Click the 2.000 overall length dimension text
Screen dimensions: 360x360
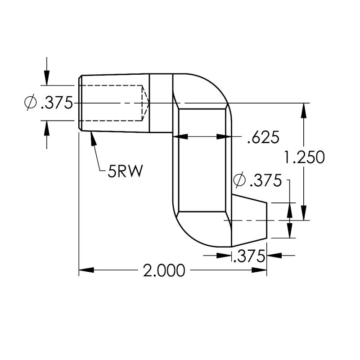coord(164,270)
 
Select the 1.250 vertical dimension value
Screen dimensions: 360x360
coord(305,157)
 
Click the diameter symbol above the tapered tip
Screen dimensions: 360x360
coord(239,181)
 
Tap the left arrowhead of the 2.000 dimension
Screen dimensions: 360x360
coord(85,270)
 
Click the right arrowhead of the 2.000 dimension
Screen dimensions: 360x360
coord(260,270)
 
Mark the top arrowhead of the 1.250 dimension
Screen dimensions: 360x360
coord(306,109)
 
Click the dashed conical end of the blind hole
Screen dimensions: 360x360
coord(145,103)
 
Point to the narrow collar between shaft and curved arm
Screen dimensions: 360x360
coord(161,103)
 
